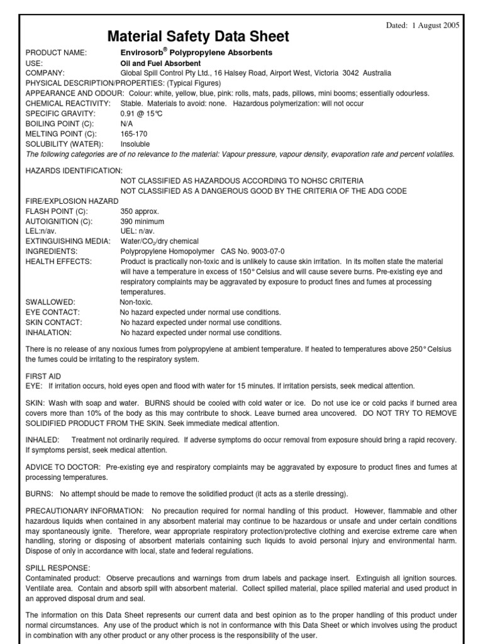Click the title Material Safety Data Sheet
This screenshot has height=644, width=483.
199,36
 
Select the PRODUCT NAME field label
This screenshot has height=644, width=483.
56,53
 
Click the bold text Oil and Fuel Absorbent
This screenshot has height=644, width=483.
160,64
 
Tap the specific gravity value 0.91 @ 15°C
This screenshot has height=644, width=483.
141,114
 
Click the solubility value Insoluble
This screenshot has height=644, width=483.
135,144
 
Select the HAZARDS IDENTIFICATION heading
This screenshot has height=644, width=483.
74,170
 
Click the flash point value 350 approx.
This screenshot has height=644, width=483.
140,211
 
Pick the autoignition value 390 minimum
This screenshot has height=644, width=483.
142,221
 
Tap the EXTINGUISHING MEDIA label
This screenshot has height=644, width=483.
68,241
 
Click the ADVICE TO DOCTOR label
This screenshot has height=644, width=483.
63,467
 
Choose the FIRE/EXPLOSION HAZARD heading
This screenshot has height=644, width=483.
72,201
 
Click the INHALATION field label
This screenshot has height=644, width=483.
48,332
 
